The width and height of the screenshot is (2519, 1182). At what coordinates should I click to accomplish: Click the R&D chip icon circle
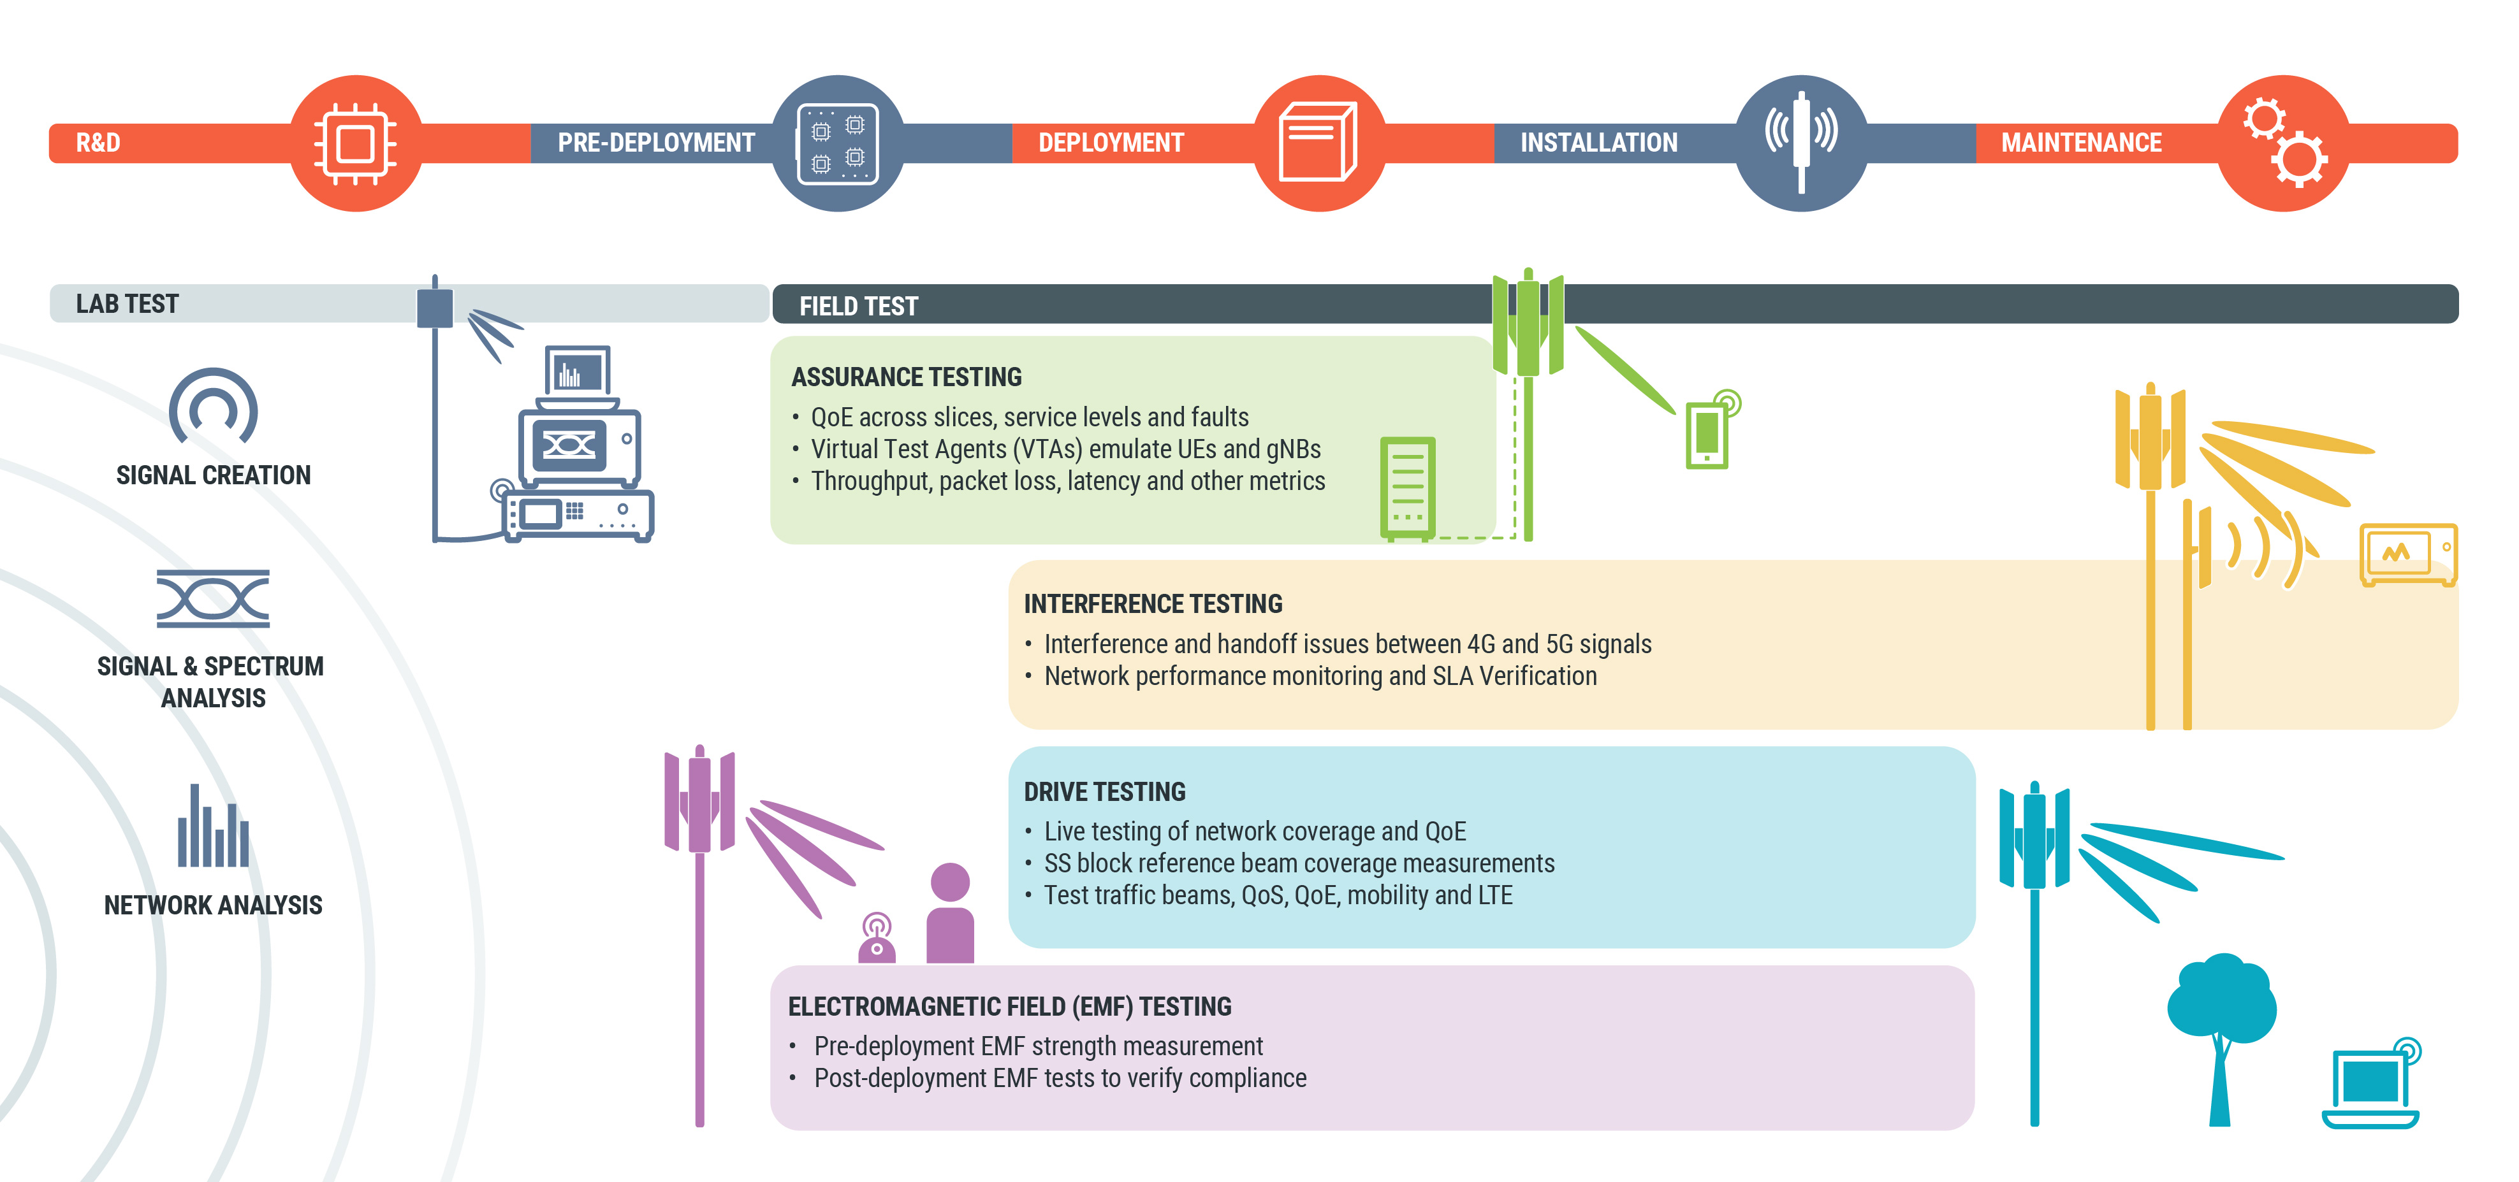[356, 144]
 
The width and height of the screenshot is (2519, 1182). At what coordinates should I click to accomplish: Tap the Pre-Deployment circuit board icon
[837, 144]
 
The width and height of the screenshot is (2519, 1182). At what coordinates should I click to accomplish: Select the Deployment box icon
[1318, 144]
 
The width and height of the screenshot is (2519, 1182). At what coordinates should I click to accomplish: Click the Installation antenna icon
[1800, 144]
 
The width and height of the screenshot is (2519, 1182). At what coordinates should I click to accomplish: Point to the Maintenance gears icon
[2282, 144]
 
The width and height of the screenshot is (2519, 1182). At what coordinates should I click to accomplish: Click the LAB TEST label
[127, 304]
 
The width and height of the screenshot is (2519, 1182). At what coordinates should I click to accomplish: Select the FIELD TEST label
[859, 306]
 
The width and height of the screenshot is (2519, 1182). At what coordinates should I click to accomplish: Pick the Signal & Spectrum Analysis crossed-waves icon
[213, 598]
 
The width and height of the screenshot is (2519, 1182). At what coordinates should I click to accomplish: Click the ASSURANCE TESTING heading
[907, 377]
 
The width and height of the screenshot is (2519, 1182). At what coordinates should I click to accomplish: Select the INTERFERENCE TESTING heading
[1153, 604]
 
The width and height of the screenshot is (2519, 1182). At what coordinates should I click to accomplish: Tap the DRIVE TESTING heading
[1104, 792]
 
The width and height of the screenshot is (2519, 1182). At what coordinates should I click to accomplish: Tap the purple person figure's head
[949, 882]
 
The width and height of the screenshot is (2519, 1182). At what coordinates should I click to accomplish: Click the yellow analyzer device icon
[2407, 553]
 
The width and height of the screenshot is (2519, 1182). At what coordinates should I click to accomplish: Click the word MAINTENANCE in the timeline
[2081, 143]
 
